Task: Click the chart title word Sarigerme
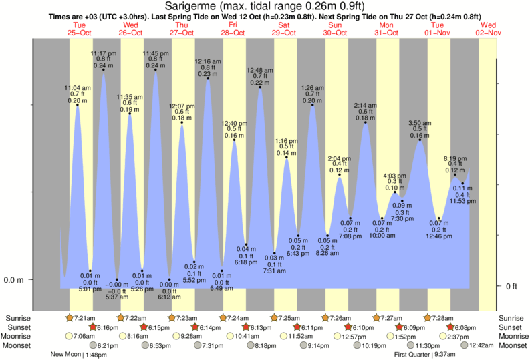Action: (x=190, y=6)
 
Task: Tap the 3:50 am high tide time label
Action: (x=420, y=123)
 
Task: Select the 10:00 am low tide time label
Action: (x=382, y=236)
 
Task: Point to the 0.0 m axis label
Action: (x=13, y=280)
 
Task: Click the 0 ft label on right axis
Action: (x=511, y=287)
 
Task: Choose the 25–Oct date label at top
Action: (x=79, y=32)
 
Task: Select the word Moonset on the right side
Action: (x=512, y=345)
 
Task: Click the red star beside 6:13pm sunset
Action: (x=246, y=327)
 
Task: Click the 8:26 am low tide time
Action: (x=327, y=254)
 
